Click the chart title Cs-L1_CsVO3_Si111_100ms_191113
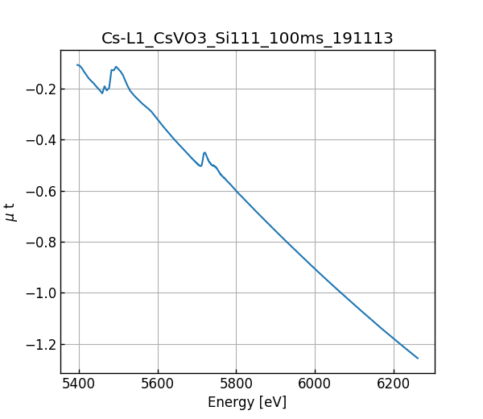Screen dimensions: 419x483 point(247,38)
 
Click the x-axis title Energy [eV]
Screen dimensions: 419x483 point(247,402)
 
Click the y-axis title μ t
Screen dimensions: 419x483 point(10,212)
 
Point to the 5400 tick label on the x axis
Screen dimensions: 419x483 point(79,384)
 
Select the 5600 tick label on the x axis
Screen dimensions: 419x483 point(158,384)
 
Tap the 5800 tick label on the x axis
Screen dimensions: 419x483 point(236,384)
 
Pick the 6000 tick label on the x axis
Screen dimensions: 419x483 point(315,384)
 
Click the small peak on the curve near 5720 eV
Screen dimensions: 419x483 point(204,152)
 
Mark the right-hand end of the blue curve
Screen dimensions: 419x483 point(418,358)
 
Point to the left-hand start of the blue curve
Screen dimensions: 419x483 point(77,65)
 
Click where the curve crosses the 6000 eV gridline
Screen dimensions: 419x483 point(315,269)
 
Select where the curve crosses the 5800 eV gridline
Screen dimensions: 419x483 point(236,191)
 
